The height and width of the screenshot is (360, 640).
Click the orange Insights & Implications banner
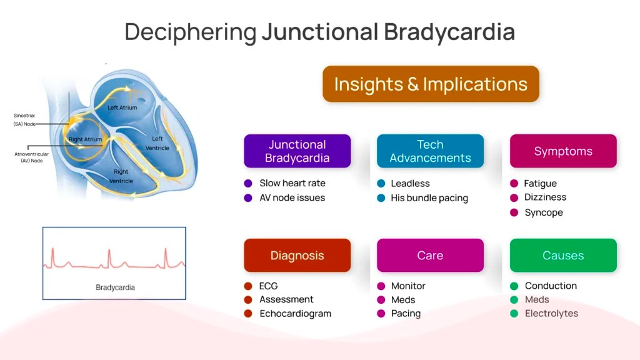(431, 84)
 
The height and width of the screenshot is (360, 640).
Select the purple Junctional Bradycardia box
(297, 151)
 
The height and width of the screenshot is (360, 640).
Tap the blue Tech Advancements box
(430, 151)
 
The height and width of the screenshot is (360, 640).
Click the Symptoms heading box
(563, 151)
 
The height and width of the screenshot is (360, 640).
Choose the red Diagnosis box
(297, 255)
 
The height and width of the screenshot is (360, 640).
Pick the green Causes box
(563, 255)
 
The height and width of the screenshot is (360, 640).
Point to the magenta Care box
(430, 255)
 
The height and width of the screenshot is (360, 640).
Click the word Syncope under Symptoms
(543, 212)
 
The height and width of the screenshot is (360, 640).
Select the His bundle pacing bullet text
(429, 198)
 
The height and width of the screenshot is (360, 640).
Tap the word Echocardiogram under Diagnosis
(295, 314)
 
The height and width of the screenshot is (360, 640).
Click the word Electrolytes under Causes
(551, 314)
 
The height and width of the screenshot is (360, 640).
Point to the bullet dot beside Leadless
(381, 184)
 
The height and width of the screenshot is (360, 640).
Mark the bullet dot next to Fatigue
(514, 184)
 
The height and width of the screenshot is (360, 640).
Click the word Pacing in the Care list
(406, 314)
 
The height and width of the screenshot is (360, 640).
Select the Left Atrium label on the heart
(122, 107)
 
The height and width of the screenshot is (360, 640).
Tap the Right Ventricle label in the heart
(121, 176)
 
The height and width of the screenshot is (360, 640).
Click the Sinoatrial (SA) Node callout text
(25, 119)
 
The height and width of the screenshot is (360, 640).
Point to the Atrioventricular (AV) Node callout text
(31, 157)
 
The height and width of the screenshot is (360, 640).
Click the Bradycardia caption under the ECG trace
(115, 287)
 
